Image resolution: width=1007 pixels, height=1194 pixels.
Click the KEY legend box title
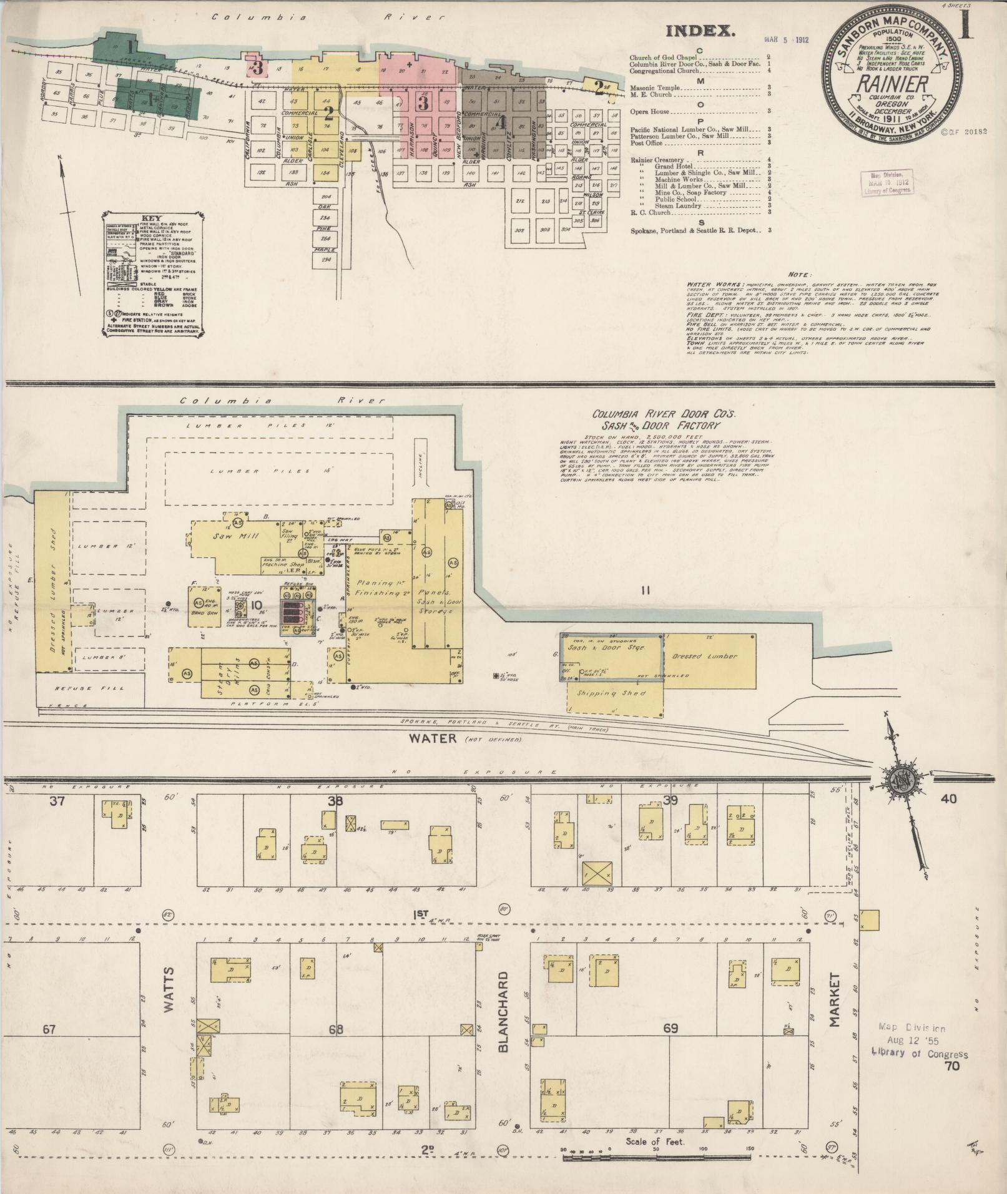(152, 219)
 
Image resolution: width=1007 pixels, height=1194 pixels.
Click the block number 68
(336, 1029)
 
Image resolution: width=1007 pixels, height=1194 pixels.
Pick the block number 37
(57, 801)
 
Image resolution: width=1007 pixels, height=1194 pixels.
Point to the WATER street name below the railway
(433, 738)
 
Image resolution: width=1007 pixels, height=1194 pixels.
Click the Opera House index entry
(649, 112)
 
